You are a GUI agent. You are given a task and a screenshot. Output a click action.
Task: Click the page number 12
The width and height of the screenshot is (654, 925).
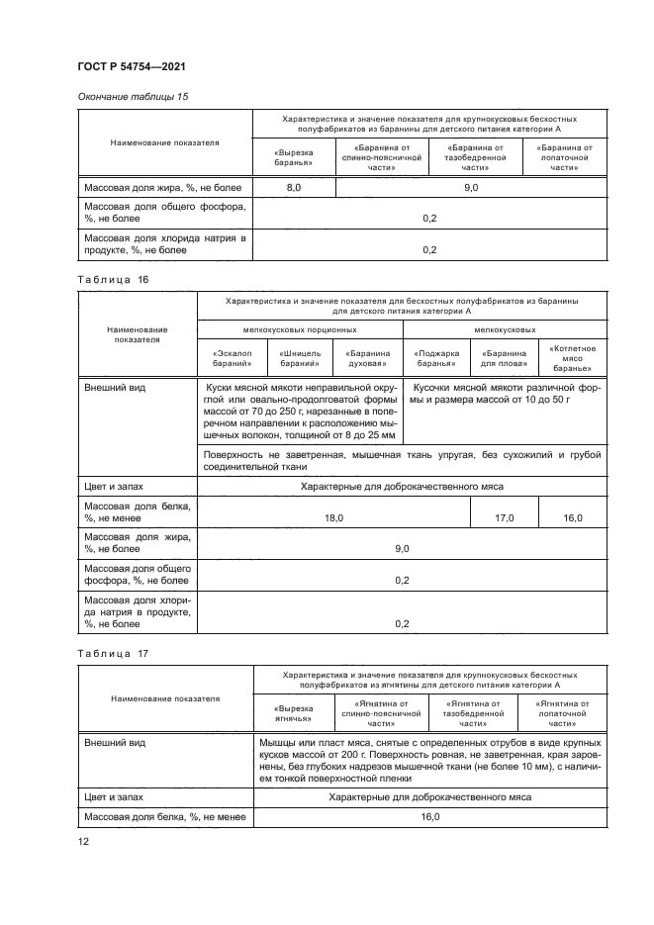pyautogui.click(x=84, y=841)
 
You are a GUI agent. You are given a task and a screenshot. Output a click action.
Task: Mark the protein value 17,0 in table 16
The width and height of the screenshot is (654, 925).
pyautogui.click(x=504, y=517)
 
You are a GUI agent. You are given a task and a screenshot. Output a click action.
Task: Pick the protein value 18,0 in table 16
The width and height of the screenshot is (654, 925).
pyautogui.click(x=333, y=517)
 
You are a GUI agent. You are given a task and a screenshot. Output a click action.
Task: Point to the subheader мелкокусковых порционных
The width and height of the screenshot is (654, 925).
pyautogui.click(x=300, y=330)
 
